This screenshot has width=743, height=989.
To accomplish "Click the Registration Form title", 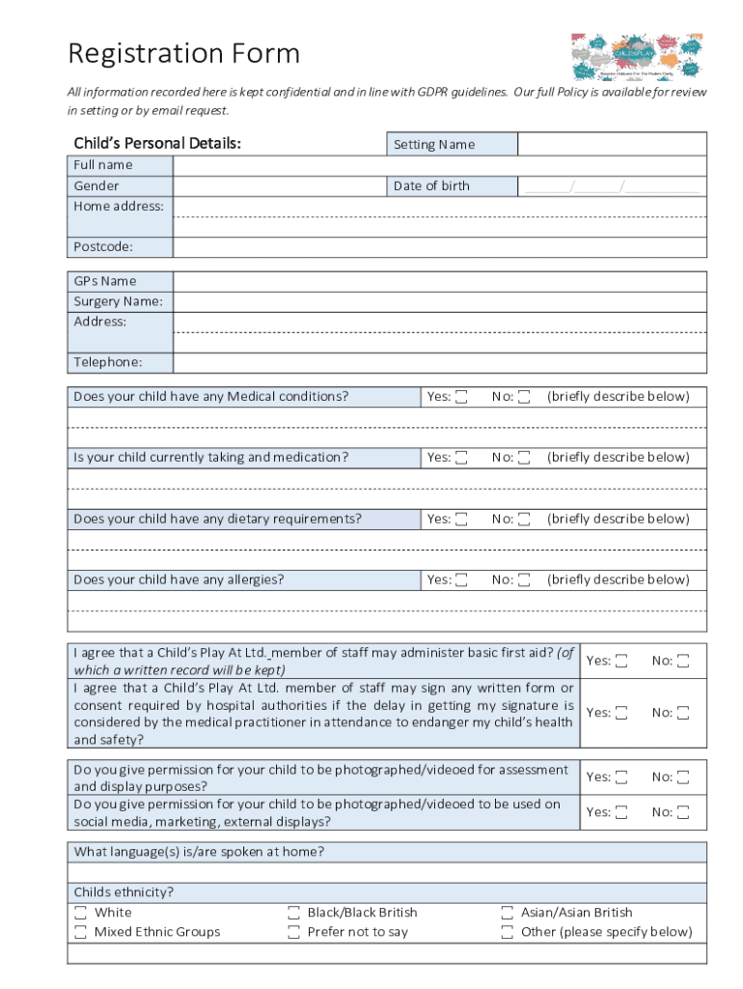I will point(183,53).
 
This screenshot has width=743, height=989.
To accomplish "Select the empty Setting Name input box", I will point(612,145).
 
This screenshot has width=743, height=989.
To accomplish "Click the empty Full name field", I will point(439,165).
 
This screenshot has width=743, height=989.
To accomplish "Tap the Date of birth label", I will point(431,185).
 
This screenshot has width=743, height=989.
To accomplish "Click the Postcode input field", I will point(439,247).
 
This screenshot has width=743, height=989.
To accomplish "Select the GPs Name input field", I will point(439,281).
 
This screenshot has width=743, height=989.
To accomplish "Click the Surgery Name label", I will point(119,301).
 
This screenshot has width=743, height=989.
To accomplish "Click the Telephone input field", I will point(439,363).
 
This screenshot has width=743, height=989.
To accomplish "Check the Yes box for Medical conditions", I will point(462,397).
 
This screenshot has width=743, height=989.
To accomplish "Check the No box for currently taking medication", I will point(524,458).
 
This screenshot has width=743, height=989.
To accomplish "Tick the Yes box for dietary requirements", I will point(462,520).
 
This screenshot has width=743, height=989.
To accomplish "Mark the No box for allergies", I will point(524,580).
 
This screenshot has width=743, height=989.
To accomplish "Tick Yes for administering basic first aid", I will point(622,662).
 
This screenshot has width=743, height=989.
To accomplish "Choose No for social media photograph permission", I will point(683,812).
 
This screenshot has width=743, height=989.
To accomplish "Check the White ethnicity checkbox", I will point(80,913).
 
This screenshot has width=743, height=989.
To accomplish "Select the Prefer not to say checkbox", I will point(293,932).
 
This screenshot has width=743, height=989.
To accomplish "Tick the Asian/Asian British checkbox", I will point(507,913).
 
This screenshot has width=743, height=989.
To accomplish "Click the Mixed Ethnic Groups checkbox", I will point(80,932).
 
